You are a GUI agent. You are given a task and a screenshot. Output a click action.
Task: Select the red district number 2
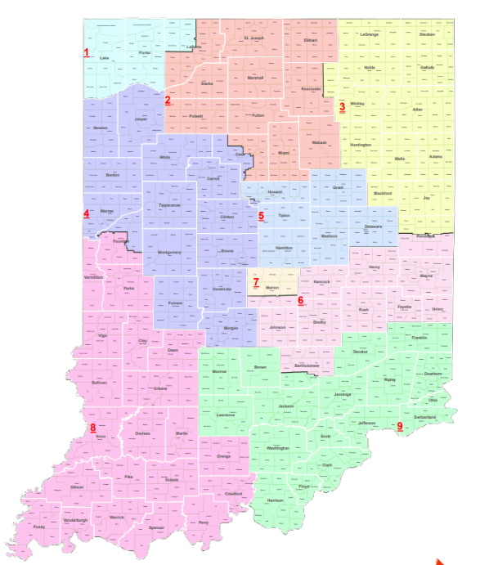coord(168,101)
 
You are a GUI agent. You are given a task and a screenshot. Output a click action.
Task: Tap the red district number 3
coord(342,106)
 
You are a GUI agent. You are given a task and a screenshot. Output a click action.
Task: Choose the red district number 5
coord(261,217)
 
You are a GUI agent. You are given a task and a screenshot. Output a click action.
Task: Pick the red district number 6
coord(300,300)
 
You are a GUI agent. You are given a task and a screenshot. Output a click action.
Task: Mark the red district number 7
coord(256,283)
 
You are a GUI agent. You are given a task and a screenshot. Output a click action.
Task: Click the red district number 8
coord(92,428)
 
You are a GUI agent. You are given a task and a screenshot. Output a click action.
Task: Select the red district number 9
coord(400,426)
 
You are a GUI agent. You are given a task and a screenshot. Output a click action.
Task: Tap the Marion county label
coord(273,288)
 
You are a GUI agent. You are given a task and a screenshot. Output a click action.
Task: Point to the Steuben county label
coord(426,35)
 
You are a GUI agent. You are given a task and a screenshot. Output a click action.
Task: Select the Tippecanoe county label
coord(169,206)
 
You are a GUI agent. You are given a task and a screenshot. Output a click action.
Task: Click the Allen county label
coord(418,109)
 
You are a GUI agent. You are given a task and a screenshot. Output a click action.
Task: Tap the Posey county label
coord(38,527)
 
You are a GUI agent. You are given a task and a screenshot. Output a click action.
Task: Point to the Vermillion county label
coord(94,278)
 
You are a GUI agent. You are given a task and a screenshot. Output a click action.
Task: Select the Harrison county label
coord(275,500)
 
